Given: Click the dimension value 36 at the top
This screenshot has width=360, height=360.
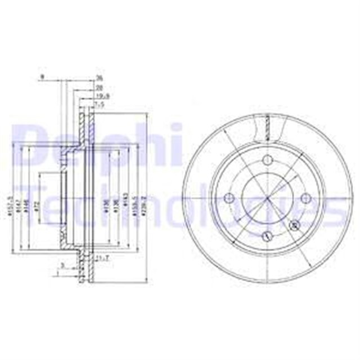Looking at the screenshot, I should (x=99, y=79).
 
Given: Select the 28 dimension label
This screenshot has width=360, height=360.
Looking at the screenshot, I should (x=99, y=88).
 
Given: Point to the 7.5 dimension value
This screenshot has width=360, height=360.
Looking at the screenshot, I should (x=100, y=104).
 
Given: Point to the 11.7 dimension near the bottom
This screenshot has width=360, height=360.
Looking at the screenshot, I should (x=102, y=258).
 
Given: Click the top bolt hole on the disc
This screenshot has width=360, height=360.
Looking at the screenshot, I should (x=267, y=159).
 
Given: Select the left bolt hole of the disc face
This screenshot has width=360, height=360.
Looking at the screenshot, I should (x=228, y=199).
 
